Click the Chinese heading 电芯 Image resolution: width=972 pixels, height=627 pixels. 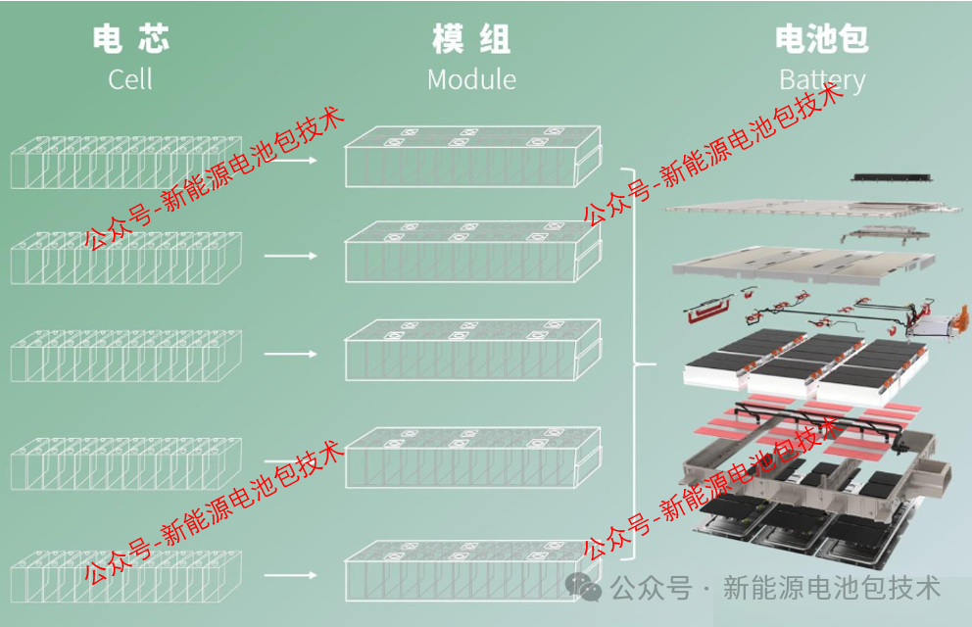[130, 39]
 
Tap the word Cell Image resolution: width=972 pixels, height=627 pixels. [130, 79]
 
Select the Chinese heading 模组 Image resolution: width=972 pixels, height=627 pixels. [471, 39]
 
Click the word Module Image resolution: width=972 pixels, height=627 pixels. [471, 79]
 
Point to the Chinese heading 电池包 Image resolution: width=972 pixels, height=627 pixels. [821, 39]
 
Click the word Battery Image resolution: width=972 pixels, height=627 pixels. [822, 80]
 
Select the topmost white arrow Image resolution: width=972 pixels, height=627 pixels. [292, 159]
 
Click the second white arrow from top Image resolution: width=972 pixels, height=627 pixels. [292, 256]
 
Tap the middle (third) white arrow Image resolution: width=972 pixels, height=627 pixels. [292, 354]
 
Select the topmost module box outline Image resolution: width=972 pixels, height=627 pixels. [471, 157]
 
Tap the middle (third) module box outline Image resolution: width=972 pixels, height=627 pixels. [471, 350]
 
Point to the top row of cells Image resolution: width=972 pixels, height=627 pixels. [125, 162]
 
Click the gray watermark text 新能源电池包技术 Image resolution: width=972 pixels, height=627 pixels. [831, 588]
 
